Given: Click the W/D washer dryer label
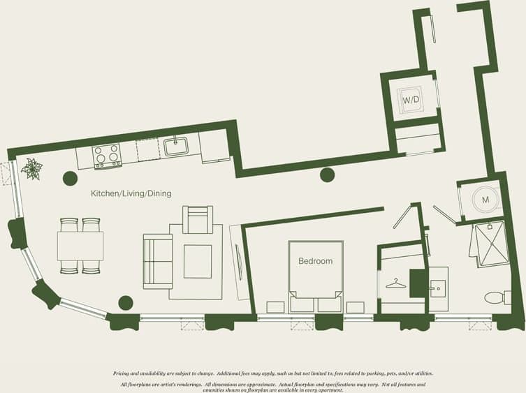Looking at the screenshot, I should point(410,101).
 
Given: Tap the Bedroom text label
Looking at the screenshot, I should point(316,261).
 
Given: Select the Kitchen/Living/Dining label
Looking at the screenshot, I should point(131,193).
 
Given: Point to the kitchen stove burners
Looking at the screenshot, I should point(107,154).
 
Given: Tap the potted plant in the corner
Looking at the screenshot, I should point(31,169).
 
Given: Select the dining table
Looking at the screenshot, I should point(80,246).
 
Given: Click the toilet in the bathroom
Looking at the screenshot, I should point(495,298).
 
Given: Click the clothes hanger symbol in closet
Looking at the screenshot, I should point(395,284).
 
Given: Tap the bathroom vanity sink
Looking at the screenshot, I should point(437,286).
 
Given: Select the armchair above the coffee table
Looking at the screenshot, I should point(198,219).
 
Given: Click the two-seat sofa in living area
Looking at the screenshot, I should point(157,261).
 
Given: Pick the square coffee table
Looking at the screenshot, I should point(198,261).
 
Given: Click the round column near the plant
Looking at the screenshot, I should point(70,178).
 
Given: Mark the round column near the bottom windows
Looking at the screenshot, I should point(125,303).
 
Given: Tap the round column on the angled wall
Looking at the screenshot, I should point(327,175).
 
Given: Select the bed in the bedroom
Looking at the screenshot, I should point(316,276).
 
